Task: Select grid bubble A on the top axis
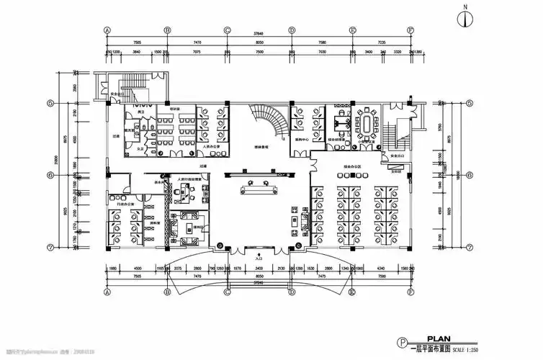click(107, 30)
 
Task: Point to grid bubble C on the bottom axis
click(227, 294)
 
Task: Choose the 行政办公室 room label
click(115, 206)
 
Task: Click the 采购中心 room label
click(302, 139)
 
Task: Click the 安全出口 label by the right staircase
click(395, 156)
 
